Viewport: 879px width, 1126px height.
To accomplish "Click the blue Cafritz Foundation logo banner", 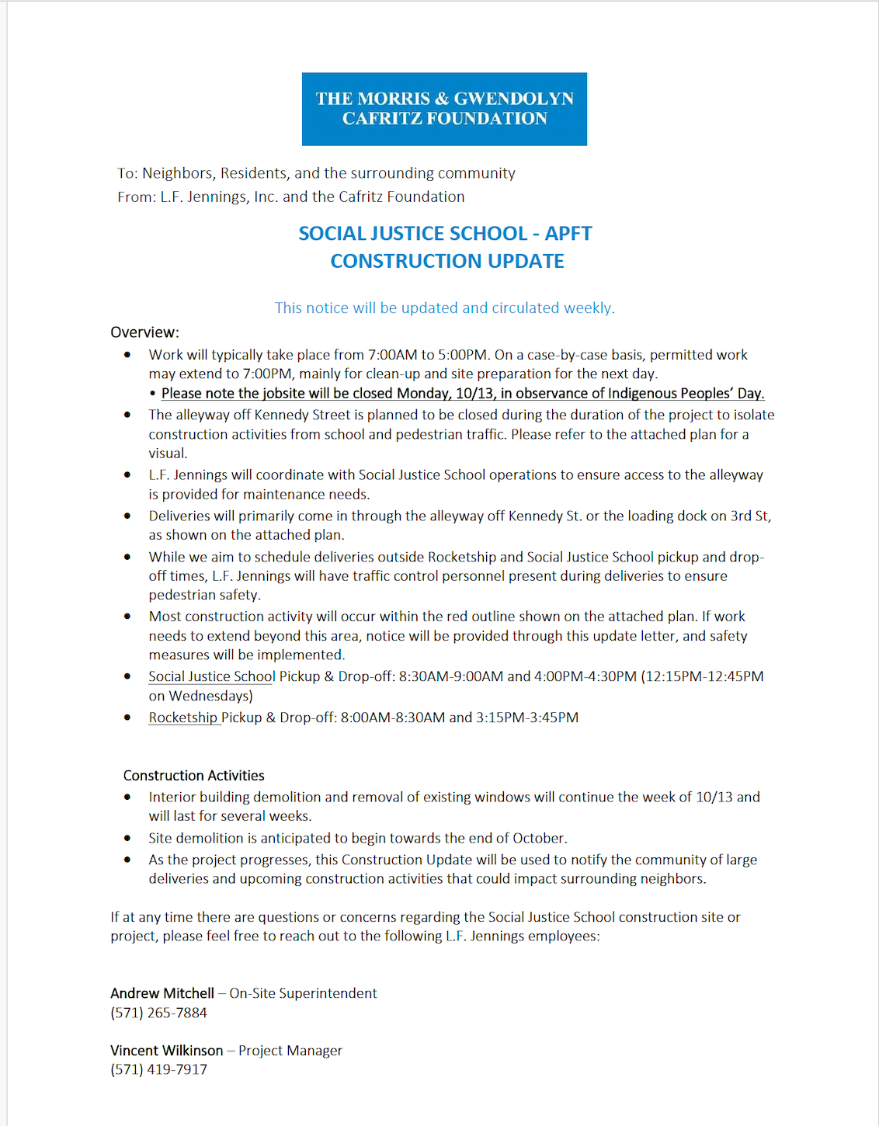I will tap(444, 109).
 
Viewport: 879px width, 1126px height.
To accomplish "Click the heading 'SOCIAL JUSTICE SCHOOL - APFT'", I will tap(445, 234).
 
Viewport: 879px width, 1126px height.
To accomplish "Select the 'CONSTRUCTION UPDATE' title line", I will tap(447, 261).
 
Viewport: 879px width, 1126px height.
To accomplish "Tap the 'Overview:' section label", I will tap(144, 332).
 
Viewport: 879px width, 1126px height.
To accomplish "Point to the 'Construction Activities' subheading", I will tap(193, 776).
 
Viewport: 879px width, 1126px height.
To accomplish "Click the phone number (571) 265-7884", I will tap(158, 1013).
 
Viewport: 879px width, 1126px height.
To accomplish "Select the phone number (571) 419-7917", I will tap(158, 1069).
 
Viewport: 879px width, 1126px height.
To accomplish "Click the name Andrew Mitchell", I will tap(162, 993).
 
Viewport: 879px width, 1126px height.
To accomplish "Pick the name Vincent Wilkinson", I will tap(167, 1051).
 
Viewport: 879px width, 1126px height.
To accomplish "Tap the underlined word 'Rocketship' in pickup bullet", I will tap(183, 718).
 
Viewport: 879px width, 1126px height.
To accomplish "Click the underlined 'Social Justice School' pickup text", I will tap(212, 676).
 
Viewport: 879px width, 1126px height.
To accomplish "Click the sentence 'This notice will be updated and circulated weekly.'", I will tap(444, 308).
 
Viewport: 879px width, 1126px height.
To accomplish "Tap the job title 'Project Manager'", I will tap(290, 1051).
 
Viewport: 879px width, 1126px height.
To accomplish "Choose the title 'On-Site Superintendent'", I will tap(303, 993).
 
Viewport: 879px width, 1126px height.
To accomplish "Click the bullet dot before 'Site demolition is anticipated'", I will tap(127, 839).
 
